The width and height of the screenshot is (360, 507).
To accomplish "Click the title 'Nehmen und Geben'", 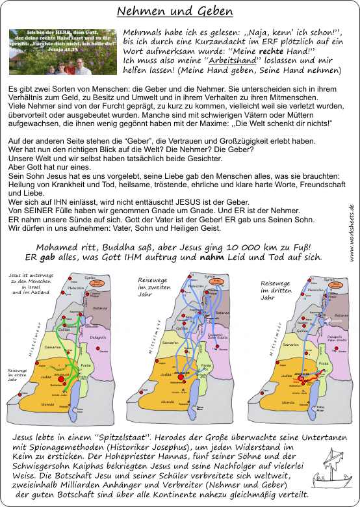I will tap(175, 12).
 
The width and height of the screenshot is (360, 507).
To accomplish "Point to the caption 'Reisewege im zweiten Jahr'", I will tap(149, 286).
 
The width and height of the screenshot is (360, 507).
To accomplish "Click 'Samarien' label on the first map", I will tap(53, 348).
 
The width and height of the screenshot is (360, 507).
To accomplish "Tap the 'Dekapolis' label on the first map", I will tap(98, 339).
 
